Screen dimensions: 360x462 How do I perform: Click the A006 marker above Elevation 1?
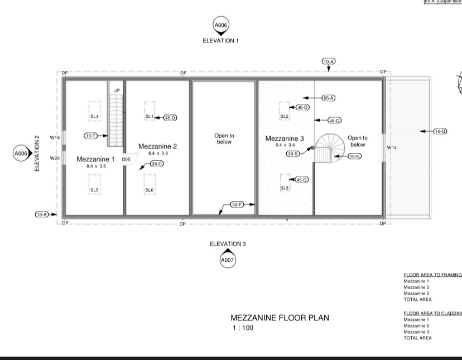pyautogui.click(x=221, y=25)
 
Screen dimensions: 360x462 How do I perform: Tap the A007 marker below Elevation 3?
pyautogui.click(x=227, y=260)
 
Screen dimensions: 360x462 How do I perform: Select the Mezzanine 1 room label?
pyautogui.click(x=95, y=159)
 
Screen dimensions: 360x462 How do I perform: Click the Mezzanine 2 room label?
pyautogui.click(x=157, y=146)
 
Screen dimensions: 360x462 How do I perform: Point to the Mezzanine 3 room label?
pyautogui.click(x=285, y=138)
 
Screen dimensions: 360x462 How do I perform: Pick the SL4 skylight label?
pyautogui.click(x=94, y=117)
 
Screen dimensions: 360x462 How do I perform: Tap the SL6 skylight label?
pyautogui.click(x=149, y=190)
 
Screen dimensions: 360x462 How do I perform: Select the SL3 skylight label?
pyautogui.click(x=284, y=188)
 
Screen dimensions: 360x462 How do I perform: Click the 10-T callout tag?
pyautogui.click(x=90, y=136)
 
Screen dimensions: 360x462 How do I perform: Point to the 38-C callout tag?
pyautogui.click(x=156, y=164)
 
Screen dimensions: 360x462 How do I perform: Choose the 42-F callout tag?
pyautogui.click(x=237, y=205)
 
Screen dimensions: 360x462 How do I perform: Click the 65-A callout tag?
pyautogui.click(x=328, y=98)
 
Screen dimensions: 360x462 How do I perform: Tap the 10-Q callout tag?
pyautogui.click(x=440, y=131)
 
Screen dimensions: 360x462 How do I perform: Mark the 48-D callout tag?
pyautogui.click(x=334, y=121)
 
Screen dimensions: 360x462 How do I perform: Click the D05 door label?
pyautogui.click(x=126, y=159)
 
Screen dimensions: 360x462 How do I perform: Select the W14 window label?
pyautogui.click(x=391, y=147)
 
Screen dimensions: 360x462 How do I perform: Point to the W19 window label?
pyautogui.click(x=55, y=137)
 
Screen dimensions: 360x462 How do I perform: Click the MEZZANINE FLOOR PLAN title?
pyautogui.click(x=280, y=318)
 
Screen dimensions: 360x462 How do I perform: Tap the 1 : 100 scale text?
pyautogui.click(x=243, y=328)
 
